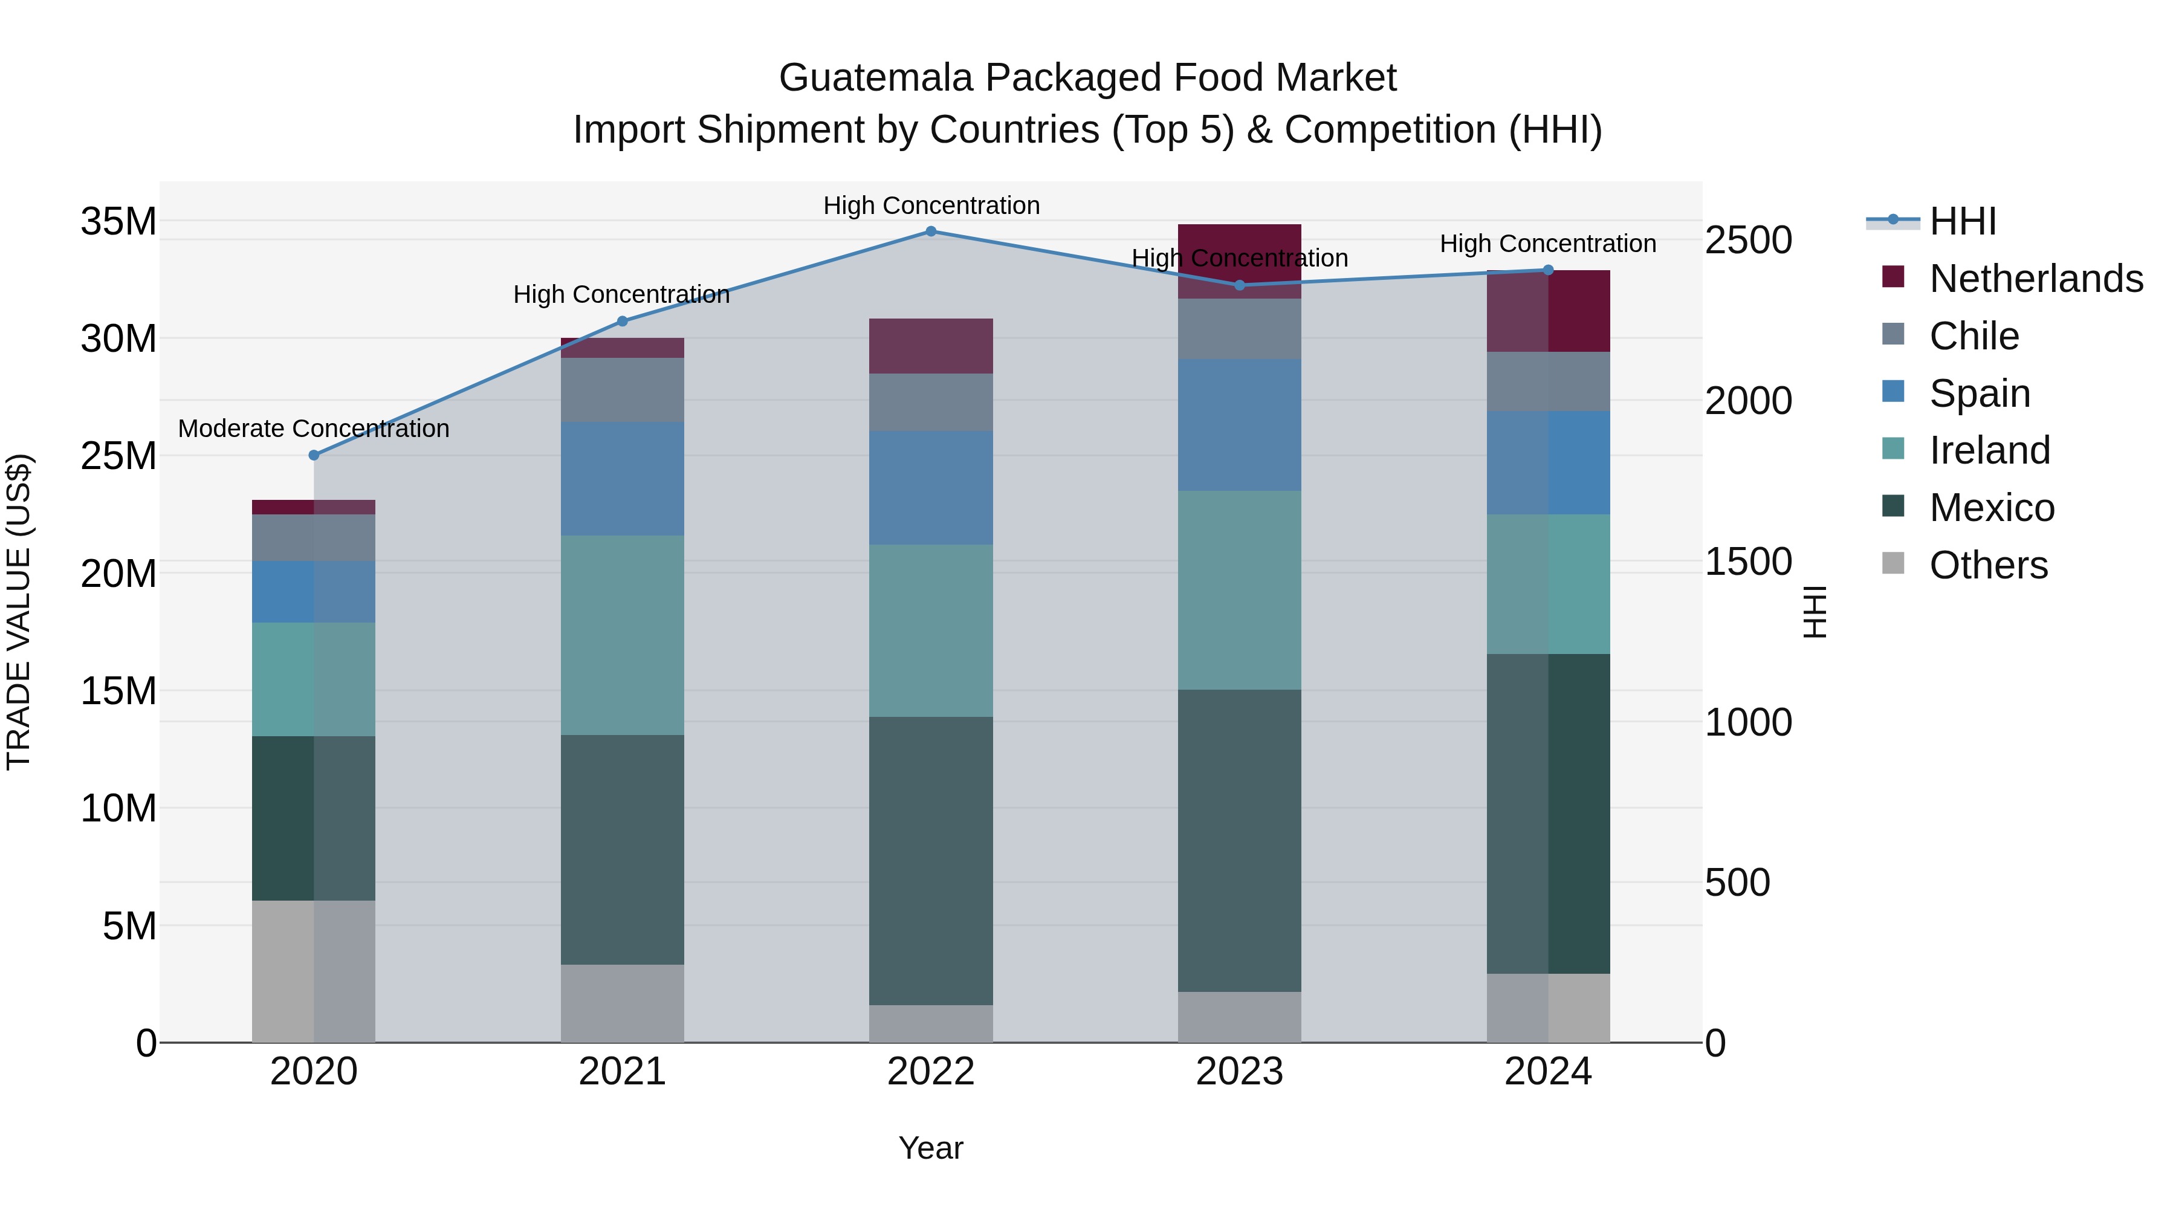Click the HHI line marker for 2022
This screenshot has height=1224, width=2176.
pos(931,232)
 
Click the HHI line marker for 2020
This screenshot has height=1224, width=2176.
pos(314,455)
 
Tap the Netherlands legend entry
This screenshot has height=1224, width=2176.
pos(2036,279)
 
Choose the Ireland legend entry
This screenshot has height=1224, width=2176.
pos(1989,450)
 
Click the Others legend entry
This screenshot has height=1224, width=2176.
pos(1989,565)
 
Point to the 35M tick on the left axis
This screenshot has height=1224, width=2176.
pos(118,222)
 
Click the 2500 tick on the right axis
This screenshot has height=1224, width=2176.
pos(1747,241)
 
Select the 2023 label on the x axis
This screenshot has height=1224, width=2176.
pos(1239,1072)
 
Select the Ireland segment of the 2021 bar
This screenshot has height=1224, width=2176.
pos(623,635)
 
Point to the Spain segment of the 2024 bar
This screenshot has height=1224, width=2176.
pos(1549,463)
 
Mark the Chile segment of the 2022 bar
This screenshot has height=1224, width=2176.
pos(931,403)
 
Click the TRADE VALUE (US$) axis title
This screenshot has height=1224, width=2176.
pos(19,612)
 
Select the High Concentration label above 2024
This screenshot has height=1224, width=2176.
pos(1547,244)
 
